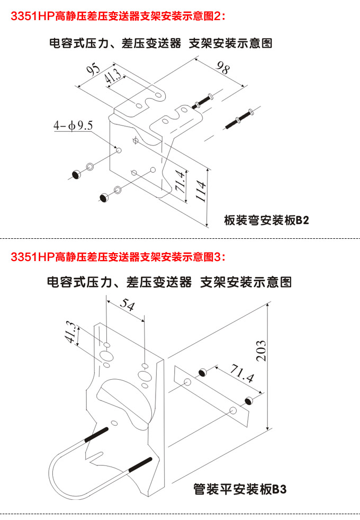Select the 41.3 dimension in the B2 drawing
(112, 77)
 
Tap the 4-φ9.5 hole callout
(73, 125)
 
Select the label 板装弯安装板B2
(266, 220)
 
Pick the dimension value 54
(127, 304)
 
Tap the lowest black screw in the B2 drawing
(104, 197)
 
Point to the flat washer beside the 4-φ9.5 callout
(90, 167)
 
